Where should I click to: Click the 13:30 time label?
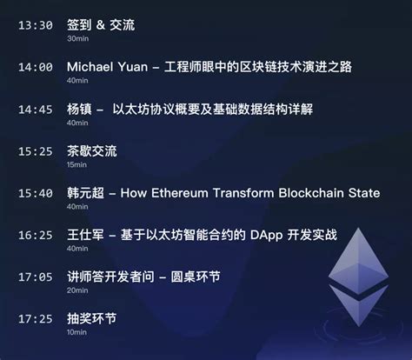(x=36, y=25)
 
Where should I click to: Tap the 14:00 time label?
(x=36, y=67)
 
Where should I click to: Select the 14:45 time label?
(x=36, y=110)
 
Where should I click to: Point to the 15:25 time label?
(x=36, y=151)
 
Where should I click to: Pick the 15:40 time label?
(x=36, y=193)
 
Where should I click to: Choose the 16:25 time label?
(x=36, y=235)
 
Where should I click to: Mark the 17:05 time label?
(x=36, y=277)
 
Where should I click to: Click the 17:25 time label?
(x=36, y=319)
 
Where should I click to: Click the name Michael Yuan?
(x=108, y=67)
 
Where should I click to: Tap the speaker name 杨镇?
(x=79, y=110)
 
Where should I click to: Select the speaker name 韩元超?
(x=85, y=193)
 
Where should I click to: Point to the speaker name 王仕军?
(x=85, y=235)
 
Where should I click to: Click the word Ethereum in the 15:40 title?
(x=180, y=193)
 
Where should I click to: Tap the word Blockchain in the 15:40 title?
(x=311, y=193)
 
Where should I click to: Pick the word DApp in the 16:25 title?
(x=266, y=236)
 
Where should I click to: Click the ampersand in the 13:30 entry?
(x=101, y=25)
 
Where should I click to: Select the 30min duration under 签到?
(x=77, y=38)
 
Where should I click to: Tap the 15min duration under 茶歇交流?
(x=76, y=164)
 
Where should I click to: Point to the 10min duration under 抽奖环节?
(x=76, y=332)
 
